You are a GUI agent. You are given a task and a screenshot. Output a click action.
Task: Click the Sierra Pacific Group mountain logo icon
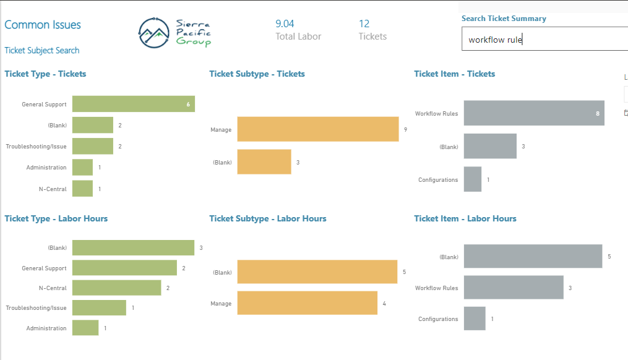[154, 33]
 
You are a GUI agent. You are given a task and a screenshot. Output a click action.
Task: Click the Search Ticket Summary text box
[544, 39]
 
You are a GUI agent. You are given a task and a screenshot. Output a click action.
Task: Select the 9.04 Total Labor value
[285, 24]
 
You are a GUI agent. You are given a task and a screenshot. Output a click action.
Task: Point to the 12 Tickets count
[364, 24]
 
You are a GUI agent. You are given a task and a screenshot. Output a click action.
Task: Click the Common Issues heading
[43, 25]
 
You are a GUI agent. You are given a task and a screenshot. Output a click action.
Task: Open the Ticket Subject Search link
[41, 51]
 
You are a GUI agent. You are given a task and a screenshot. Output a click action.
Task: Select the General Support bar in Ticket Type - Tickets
[134, 104]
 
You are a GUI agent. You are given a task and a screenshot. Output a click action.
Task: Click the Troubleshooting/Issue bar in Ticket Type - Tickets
[93, 146]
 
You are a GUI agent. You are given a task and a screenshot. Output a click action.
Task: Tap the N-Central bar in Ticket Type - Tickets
[82, 189]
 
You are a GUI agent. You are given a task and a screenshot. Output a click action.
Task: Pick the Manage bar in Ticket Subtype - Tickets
[318, 129]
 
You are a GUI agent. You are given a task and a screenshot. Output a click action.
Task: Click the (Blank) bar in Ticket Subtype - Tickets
[264, 162]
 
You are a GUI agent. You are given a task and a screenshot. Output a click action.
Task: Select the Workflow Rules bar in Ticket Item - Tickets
[534, 113]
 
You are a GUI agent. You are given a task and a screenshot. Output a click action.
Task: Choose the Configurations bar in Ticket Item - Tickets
[473, 179]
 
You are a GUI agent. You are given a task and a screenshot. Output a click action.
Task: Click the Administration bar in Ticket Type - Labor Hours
[85, 328]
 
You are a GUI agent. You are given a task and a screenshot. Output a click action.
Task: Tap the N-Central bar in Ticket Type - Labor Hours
[116, 288]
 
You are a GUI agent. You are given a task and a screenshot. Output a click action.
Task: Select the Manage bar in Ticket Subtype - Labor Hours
[307, 303]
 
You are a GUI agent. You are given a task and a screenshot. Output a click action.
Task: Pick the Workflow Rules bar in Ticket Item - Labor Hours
[514, 287]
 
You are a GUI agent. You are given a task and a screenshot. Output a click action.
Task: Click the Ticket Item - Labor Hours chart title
[465, 218]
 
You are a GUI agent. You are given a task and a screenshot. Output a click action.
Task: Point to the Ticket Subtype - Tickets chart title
[257, 74]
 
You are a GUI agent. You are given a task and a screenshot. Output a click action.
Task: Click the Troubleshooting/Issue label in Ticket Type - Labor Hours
[36, 308]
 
